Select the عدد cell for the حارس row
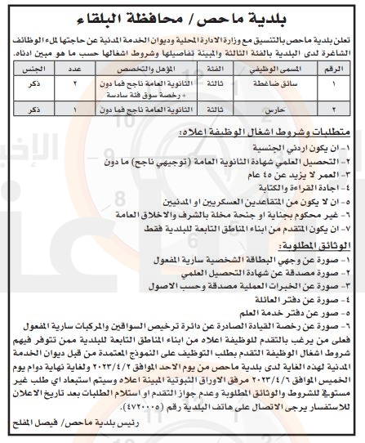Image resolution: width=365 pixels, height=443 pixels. click(x=76, y=109)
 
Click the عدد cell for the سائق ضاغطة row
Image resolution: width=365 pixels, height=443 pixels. click(x=76, y=85)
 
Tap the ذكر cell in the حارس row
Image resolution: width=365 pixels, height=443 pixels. click(x=33, y=109)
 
